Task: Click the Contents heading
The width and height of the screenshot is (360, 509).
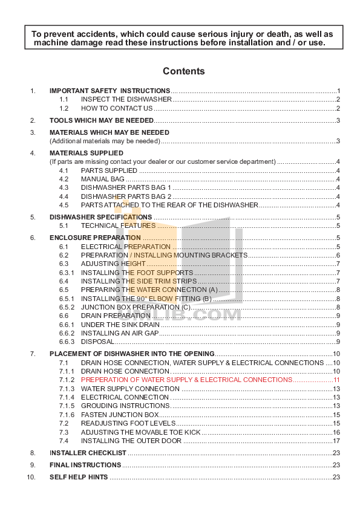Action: (x=183, y=71)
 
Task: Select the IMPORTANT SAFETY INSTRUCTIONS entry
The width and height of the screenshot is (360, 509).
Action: (x=110, y=91)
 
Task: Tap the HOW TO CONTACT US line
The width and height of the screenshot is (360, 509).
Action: (x=117, y=108)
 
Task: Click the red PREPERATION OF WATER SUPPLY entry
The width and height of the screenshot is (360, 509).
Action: (x=186, y=380)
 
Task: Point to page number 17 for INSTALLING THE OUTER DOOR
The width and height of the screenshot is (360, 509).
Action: (x=336, y=441)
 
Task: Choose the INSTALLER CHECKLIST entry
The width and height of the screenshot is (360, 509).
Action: (x=88, y=453)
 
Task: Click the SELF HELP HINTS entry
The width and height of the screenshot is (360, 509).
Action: (x=79, y=477)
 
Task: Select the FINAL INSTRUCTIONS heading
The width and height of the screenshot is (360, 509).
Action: (x=85, y=465)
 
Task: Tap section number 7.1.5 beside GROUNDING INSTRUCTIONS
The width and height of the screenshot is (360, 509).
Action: (x=67, y=406)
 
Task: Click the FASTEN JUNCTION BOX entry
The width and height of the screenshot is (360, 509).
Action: (x=120, y=415)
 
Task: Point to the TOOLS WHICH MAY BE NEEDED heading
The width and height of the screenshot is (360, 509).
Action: (x=102, y=120)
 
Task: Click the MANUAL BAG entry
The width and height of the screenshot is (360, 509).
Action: (x=102, y=179)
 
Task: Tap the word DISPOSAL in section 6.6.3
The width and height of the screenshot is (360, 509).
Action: (x=97, y=342)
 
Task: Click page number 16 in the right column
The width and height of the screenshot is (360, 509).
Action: (x=336, y=432)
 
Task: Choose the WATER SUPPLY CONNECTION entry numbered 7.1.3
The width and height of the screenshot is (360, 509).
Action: (x=130, y=389)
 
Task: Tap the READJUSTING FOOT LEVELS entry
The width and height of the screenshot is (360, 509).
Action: (x=128, y=423)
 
